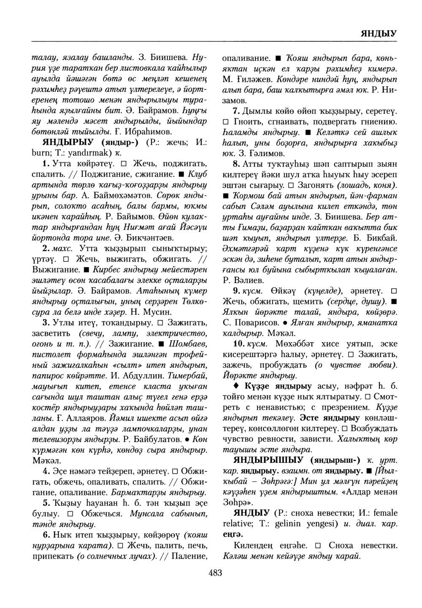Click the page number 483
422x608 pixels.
(x=215, y=572)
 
